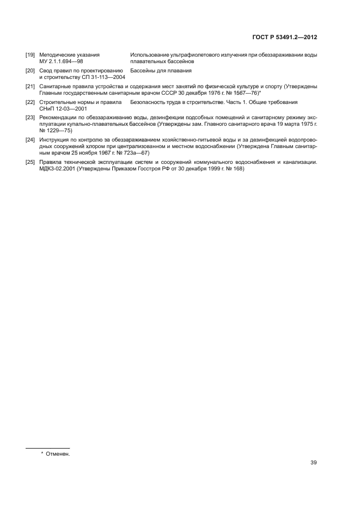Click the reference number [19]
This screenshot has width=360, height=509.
click(30, 55)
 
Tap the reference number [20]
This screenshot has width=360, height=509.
click(30, 71)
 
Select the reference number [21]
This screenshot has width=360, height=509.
click(30, 87)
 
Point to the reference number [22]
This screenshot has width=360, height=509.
click(30, 102)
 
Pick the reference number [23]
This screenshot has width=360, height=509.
click(30, 118)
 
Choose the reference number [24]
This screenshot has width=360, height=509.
click(30, 140)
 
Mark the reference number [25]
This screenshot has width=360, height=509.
click(30, 163)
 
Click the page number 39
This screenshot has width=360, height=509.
click(314, 463)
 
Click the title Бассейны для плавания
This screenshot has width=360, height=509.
click(161, 71)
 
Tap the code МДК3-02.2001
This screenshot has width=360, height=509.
click(57, 169)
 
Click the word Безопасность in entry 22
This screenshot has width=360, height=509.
click(151, 102)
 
